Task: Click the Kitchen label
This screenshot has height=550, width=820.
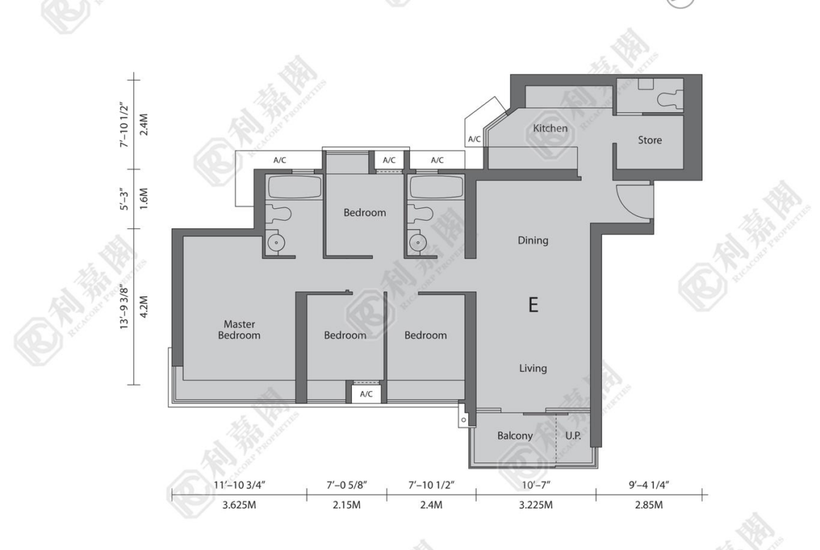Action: point(550,128)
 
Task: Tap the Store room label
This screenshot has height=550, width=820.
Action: point(650,140)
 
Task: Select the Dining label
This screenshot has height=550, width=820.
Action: point(533,240)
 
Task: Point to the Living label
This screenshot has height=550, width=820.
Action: point(533,368)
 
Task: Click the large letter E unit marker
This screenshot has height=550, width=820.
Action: point(533,304)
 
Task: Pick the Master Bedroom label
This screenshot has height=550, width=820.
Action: point(239,330)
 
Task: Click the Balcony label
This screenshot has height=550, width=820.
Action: point(515,436)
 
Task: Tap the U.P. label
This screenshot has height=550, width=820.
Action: point(573,436)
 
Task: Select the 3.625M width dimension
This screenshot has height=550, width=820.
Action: point(239,505)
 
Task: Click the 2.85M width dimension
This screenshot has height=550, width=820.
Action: point(648,505)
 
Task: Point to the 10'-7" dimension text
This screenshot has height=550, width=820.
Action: point(536,485)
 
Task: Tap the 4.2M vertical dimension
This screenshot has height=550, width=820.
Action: point(144,306)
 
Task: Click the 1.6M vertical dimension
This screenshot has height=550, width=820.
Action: point(144,199)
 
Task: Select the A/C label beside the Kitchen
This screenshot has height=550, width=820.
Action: point(474,139)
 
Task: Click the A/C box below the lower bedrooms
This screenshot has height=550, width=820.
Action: point(366,394)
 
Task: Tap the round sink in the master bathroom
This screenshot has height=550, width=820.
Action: point(275,242)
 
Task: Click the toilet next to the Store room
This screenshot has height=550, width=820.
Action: point(670,99)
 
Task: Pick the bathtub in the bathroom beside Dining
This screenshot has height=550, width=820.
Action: point(436,186)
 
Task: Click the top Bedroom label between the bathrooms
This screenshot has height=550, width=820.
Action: point(364,213)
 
